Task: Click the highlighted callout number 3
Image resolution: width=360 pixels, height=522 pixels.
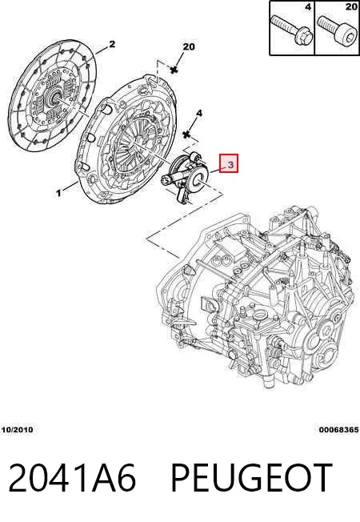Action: [231, 164]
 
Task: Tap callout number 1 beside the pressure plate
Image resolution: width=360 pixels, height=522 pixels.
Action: [59, 192]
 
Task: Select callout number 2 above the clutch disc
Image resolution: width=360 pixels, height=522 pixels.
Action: [112, 44]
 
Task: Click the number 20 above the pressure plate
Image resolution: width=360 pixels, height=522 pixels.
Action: [189, 47]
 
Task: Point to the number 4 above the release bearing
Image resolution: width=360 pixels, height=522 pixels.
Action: [199, 114]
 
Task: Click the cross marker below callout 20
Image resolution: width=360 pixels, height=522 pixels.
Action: [174, 70]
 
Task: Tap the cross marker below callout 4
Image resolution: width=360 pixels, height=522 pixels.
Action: [186, 135]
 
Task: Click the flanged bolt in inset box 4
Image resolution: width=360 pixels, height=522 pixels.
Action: [291, 30]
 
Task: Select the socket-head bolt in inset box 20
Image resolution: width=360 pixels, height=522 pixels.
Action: [337, 30]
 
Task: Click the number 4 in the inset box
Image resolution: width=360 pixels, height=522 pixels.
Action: [308, 6]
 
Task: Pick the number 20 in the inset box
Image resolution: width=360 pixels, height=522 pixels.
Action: [351, 6]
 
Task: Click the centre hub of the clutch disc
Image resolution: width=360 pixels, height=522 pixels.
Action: [54, 96]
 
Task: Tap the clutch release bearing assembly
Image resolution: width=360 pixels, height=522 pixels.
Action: [185, 177]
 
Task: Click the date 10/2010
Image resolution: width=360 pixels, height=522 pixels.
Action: [18, 430]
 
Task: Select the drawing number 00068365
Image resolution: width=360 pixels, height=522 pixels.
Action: [338, 430]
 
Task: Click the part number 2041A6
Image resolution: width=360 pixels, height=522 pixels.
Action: [72, 477]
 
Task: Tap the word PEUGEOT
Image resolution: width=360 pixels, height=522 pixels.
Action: [251, 477]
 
